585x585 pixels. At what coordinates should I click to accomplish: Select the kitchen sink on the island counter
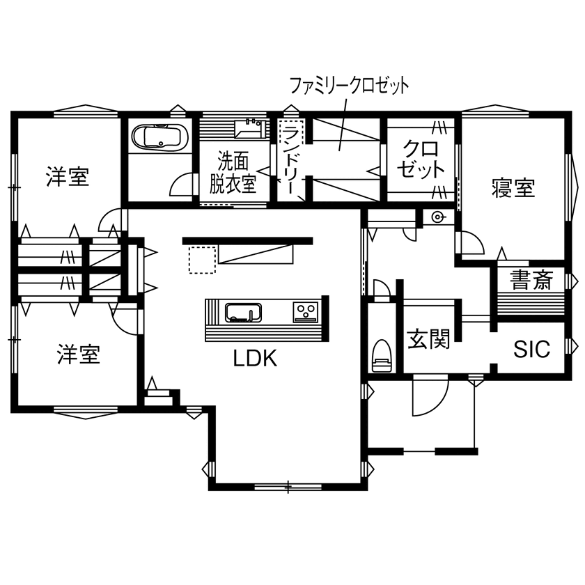point(242,313)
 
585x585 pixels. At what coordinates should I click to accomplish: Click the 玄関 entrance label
point(428,339)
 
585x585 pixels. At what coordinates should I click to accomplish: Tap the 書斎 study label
point(531,280)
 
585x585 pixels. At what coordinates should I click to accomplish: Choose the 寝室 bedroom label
point(513,188)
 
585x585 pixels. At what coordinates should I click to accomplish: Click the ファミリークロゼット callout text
point(349,86)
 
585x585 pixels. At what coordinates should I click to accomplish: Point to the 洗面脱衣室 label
point(233,173)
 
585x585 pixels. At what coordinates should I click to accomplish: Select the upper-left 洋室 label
point(68,177)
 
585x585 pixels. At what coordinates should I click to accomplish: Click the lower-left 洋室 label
point(78,354)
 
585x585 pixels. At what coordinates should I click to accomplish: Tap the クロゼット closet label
point(421,159)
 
